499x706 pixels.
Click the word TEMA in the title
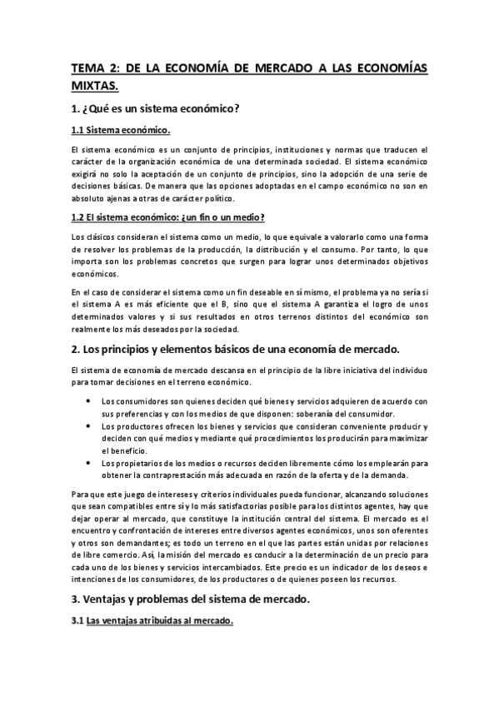85,72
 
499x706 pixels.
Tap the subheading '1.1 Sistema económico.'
121,131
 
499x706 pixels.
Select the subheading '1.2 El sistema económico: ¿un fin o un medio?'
168,218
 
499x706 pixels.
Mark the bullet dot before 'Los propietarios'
89,463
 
